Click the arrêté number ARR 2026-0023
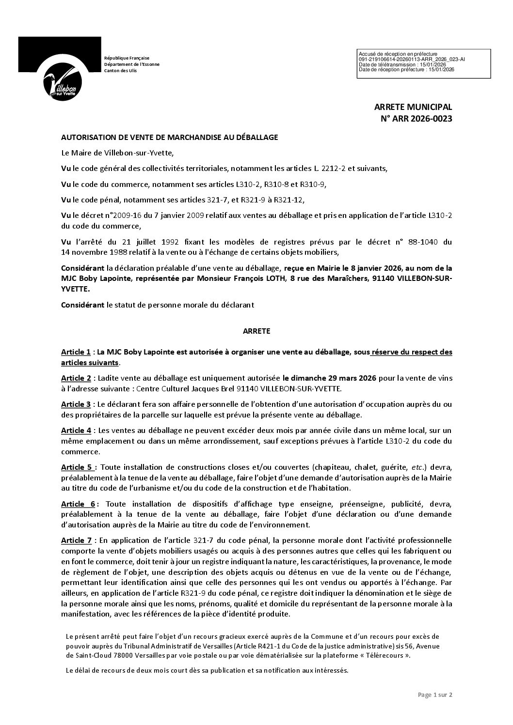(x=416, y=118)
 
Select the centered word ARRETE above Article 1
(x=256, y=331)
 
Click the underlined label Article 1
(x=76, y=352)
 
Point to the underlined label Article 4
(x=76, y=430)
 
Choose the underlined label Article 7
(x=76, y=540)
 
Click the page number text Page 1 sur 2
(x=435, y=694)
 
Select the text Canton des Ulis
(x=120, y=71)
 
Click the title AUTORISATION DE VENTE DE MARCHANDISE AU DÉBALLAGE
(x=169, y=137)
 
